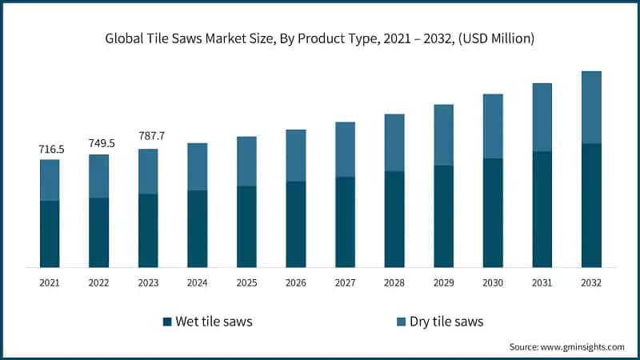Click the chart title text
[x=320, y=38]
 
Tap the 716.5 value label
[x=50, y=149]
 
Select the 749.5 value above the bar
[x=99, y=144]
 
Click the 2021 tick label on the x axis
[x=50, y=282]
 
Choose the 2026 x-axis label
[x=296, y=282]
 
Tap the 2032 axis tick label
[x=591, y=282]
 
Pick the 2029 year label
[x=444, y=282]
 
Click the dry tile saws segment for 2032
[x=591, y=107]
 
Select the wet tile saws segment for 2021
[x=50, y=234]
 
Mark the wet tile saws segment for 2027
[x=345, y=222]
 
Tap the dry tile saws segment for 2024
[x=198, y=166]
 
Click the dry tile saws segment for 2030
[x=493, y=126]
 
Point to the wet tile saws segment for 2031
[x=542, y=209]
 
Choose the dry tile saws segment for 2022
[x=99, y=176]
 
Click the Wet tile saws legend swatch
[x=167, y=322]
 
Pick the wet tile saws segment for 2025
[x=246, y=226]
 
